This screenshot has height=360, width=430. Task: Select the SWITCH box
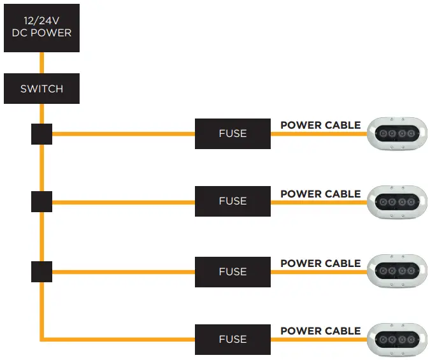(41, 89)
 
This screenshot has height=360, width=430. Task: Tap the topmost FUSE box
(233, 134)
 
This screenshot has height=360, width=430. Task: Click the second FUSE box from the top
(233, 201)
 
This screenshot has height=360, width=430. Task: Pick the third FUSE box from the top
(233, 271)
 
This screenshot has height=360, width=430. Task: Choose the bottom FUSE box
(233, 339)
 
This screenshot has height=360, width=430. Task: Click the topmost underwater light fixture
(398, 134)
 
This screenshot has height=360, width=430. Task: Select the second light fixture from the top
(398, 201)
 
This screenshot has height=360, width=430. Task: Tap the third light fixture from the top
(398, 270)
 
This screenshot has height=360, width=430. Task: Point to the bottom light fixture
(398, 338)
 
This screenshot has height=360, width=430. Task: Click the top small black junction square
(41, 134)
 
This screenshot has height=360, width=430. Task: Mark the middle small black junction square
(41, 201)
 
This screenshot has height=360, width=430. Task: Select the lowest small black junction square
(41, 271)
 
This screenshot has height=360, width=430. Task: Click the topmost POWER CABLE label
(320, 126)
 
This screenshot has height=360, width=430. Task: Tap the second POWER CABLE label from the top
(320, 194)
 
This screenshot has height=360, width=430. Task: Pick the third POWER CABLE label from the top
(320, 263)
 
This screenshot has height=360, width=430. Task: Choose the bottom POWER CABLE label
(320, 331)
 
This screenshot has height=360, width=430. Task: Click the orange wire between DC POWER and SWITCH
(41, 64)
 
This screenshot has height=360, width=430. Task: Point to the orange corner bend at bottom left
(42, 338)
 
